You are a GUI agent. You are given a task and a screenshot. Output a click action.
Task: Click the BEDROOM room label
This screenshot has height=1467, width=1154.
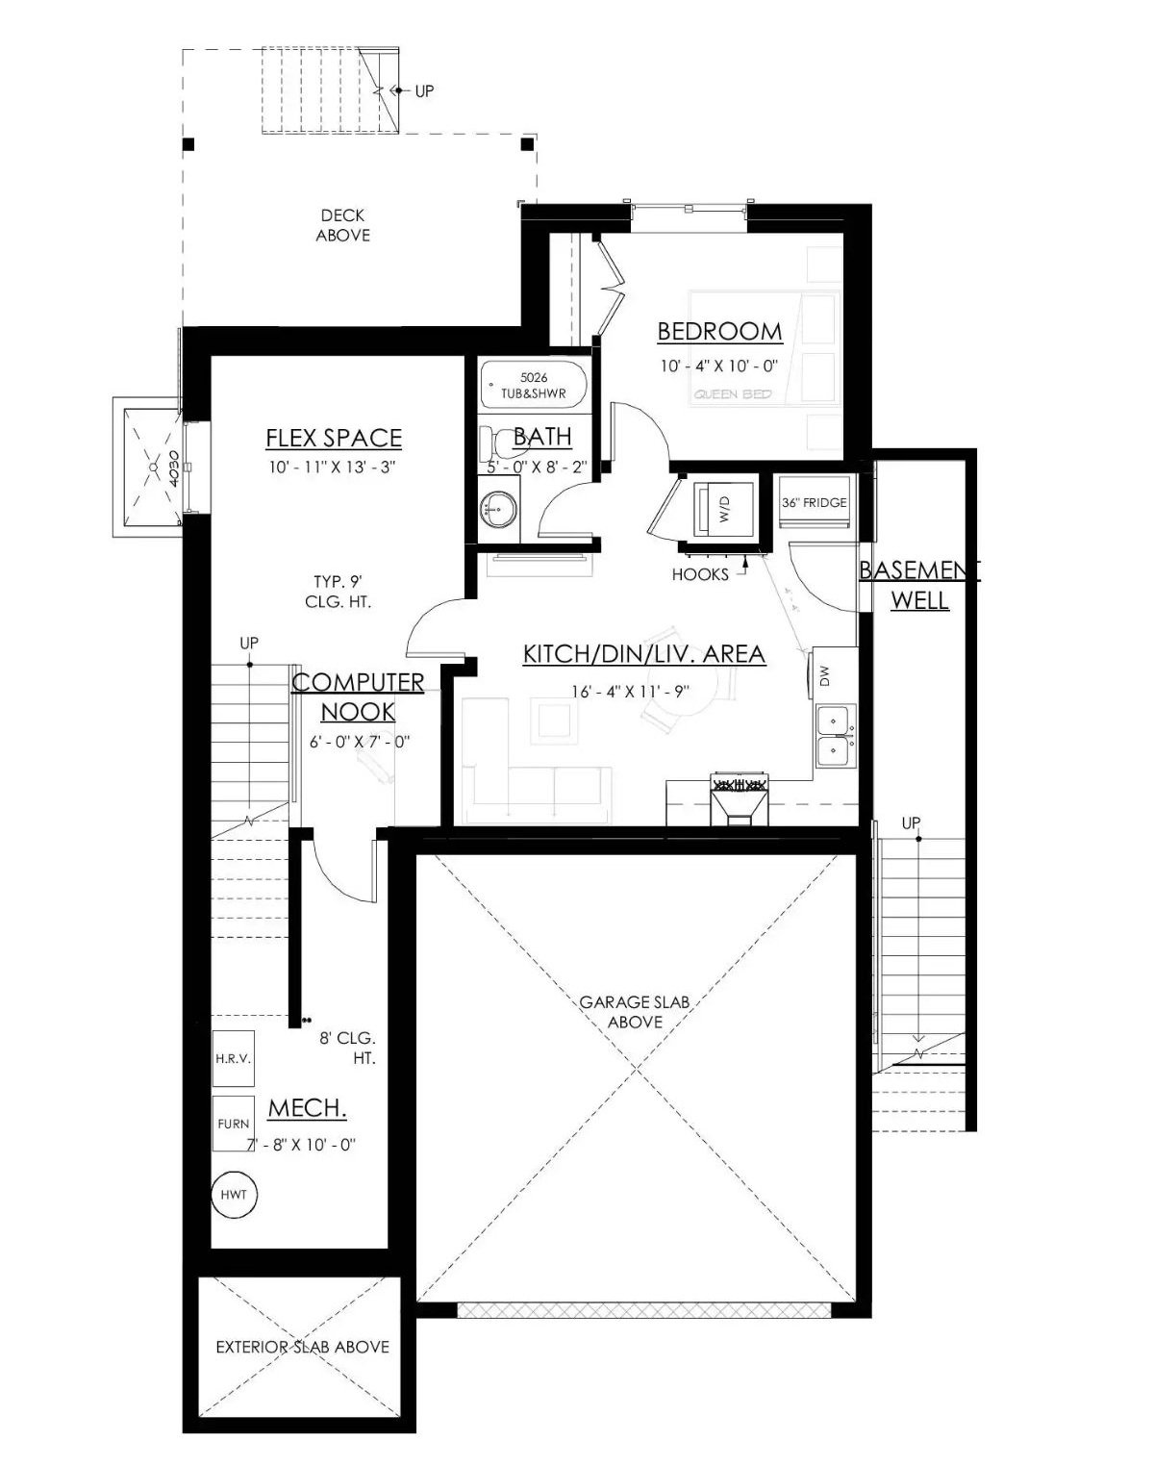719,332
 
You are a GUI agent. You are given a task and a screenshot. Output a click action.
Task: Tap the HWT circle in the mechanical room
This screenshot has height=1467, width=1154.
234,1195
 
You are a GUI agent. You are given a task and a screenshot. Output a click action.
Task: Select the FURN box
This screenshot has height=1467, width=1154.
233,1123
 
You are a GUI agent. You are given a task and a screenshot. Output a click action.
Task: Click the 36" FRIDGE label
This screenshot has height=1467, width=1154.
814,502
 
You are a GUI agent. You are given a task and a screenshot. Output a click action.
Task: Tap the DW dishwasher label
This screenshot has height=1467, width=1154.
823,677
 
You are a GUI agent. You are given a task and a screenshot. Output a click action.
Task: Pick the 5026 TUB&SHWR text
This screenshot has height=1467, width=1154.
533,386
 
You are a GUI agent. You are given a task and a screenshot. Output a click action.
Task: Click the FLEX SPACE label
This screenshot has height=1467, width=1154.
333,438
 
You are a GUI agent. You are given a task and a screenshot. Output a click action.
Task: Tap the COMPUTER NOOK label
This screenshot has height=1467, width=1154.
358,696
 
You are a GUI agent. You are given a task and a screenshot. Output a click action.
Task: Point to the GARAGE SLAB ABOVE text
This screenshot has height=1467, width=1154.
635,1011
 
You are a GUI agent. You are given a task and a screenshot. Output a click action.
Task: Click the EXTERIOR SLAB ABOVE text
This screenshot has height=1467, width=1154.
302,1347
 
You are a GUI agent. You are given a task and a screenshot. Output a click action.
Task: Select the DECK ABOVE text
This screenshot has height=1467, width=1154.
342,225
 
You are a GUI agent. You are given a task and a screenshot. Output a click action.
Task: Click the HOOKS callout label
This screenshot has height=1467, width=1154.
700,574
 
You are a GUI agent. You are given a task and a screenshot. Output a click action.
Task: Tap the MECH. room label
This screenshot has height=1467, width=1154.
307,1108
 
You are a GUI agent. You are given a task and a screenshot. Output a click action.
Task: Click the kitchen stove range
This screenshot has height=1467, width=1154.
738,798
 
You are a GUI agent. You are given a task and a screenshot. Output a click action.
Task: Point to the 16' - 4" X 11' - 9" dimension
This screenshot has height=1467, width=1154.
631,692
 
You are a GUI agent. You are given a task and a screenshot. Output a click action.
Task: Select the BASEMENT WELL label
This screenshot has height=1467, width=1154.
918,585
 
